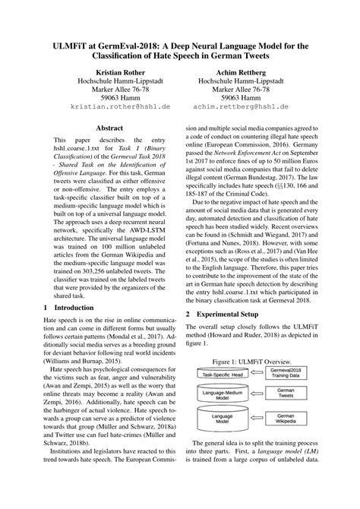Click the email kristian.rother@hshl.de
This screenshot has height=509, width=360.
pos(112,108)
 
